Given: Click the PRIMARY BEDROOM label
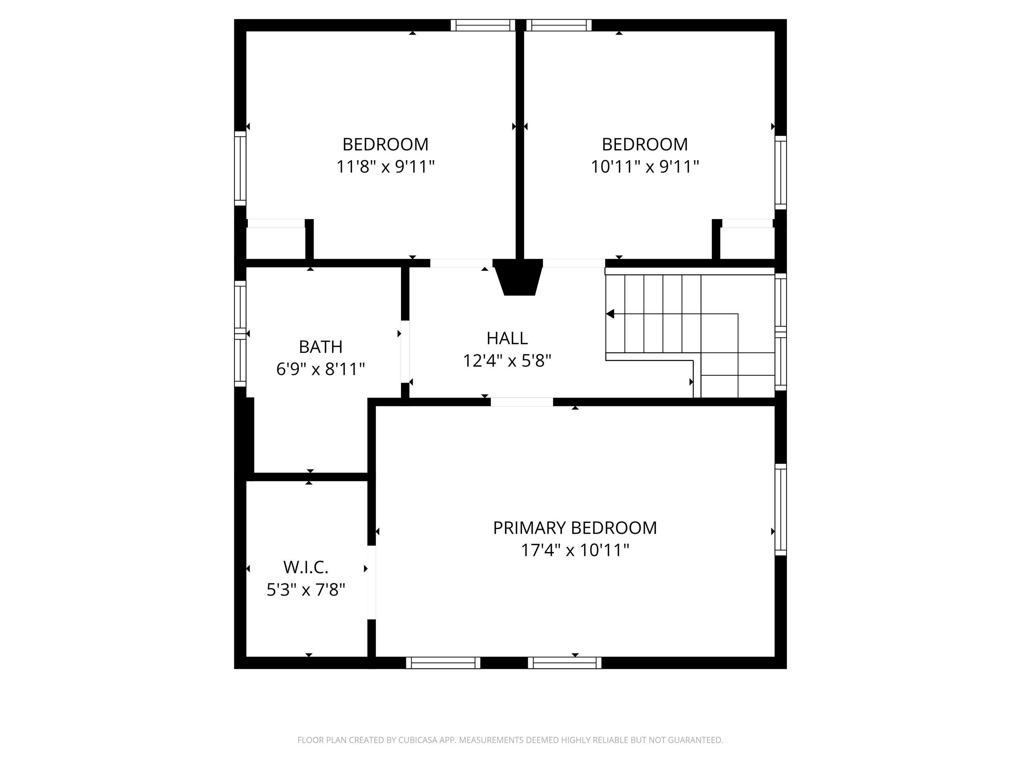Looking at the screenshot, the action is click(x=575, y=528).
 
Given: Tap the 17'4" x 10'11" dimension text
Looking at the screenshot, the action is click(x=575, y=550).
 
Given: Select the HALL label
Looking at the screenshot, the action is click(x=507, y=338).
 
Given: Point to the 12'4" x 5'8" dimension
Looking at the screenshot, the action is click(x=507, y=361).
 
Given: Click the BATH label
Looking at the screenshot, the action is click(x=321, y=347).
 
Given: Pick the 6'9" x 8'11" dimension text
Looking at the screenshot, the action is click(x=321, y=369).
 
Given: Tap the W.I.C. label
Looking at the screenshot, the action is click(x=305, y=567).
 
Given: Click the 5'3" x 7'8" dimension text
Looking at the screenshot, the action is click(x=306, y=590).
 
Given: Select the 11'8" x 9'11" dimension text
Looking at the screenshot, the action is click(x=386, y=166).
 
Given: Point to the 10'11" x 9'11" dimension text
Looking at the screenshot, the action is click(x=645, y=166).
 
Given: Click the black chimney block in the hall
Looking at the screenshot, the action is click(x=518, y=277).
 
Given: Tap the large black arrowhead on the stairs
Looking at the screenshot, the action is click(x=610, y=314).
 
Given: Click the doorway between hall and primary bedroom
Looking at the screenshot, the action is click(x=522, y=402).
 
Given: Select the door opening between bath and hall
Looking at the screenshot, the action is click(x=405, y=351).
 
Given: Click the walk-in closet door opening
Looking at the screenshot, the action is click(x=372, y=582).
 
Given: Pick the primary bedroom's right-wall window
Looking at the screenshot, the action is click(x=780, y=509).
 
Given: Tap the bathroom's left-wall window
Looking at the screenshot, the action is click(x=240, y=333).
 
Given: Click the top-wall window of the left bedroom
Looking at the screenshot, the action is click(x=483, y=25).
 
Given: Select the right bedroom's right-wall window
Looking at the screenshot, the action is click(x=780, y=172).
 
